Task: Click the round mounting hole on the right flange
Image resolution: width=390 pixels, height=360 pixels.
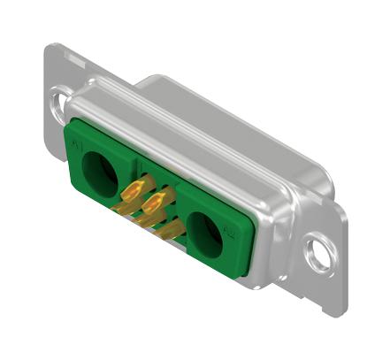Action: pyautogui.click(x=318, y=254)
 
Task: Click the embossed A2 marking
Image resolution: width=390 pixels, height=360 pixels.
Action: pyautogui.click(x=230, y=234)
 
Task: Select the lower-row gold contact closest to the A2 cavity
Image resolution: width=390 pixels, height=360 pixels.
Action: pyautogui.click(x=172, y=232)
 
